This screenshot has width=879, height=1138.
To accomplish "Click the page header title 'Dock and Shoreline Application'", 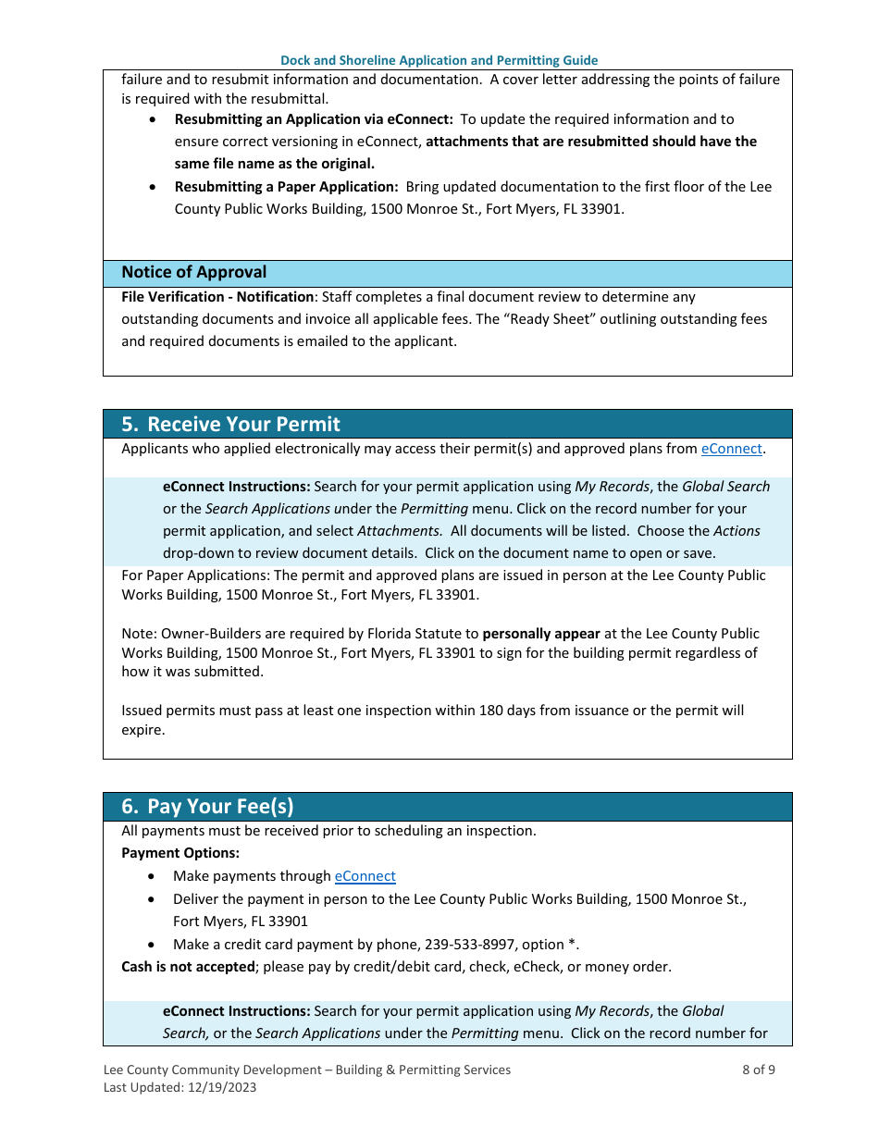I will pos(439,60).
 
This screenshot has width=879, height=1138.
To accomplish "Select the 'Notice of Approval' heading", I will pos(193,272).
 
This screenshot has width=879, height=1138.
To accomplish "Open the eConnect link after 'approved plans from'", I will pos(731,449).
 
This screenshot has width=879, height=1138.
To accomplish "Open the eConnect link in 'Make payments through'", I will pos(365,876).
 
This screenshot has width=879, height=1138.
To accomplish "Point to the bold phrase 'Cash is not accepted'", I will pos(188,967).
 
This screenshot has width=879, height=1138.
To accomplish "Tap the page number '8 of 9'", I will pos(758,1070).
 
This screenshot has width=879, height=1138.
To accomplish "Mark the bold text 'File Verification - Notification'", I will pos(217,297).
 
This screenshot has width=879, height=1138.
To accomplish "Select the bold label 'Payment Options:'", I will pos(180,853).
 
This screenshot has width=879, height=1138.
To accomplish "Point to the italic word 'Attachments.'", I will pos(400,531).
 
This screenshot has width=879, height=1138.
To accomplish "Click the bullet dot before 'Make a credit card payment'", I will pos(152,945).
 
